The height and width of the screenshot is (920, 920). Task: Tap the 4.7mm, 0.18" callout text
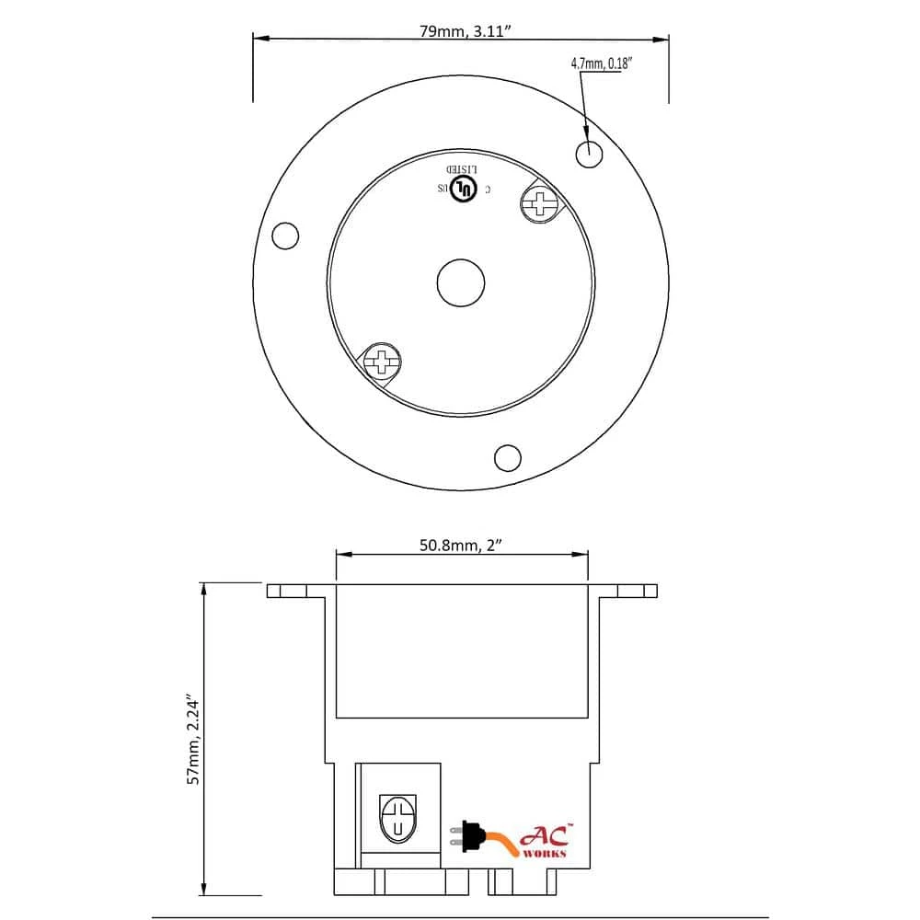(x=599, y=63)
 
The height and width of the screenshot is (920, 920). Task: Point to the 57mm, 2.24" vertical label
(x=194, y=739)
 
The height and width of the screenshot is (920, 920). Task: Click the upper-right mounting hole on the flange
(x=589, y=153)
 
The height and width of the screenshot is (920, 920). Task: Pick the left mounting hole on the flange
(x=286, y=236)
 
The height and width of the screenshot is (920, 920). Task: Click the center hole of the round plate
(x=460, y=282)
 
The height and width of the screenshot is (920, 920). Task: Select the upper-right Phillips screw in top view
(x=540, y=201)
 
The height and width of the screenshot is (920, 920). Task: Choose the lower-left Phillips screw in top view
(x=383, y=360)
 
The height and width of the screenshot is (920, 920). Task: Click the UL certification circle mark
(x=466, y=190)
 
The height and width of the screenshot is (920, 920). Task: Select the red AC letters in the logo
(x=546, y=835)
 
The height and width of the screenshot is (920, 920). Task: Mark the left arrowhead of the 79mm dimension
(x=260, y=39)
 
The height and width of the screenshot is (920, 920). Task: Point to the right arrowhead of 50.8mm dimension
(x=581, y=554)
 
